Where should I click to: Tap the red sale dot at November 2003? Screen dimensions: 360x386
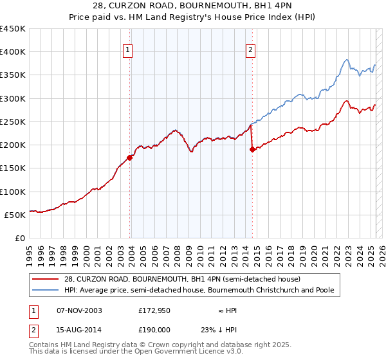click(130, 157)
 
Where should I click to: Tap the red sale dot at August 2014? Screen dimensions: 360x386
click(252, 149)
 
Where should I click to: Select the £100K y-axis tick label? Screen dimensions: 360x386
click(13, 192)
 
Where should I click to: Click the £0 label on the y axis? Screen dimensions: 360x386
click(20, 239)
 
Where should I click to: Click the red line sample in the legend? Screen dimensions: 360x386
click(46, 279)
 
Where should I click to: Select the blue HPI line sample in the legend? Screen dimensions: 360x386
click(46, 291)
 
